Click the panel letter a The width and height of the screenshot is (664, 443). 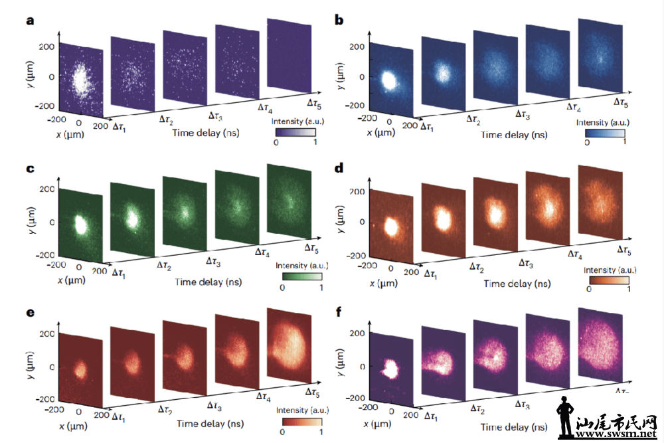(29, 20)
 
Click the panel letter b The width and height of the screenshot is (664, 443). (339, 20)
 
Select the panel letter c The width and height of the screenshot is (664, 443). (29, 169)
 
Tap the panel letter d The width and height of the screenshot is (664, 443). (339, 169)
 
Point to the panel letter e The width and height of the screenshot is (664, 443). (29, 311)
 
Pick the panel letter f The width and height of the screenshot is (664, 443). (339, 311)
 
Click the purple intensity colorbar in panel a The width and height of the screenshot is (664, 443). (297, 132)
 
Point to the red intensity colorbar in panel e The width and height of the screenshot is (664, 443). (302, 422)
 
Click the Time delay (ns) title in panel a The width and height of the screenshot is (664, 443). (206, 133)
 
